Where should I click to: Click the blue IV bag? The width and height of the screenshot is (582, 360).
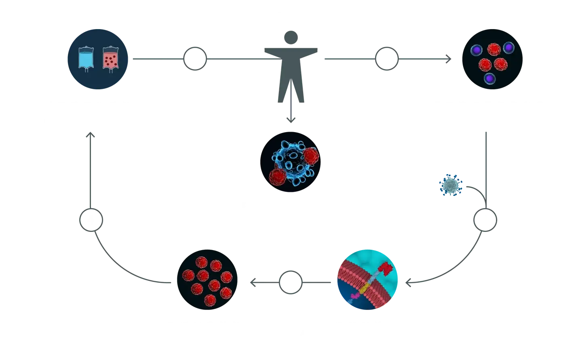86,58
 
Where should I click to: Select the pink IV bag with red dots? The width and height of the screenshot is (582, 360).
110,58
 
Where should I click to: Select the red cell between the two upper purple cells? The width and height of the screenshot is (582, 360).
494,49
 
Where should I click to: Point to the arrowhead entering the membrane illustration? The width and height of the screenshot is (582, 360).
408,284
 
